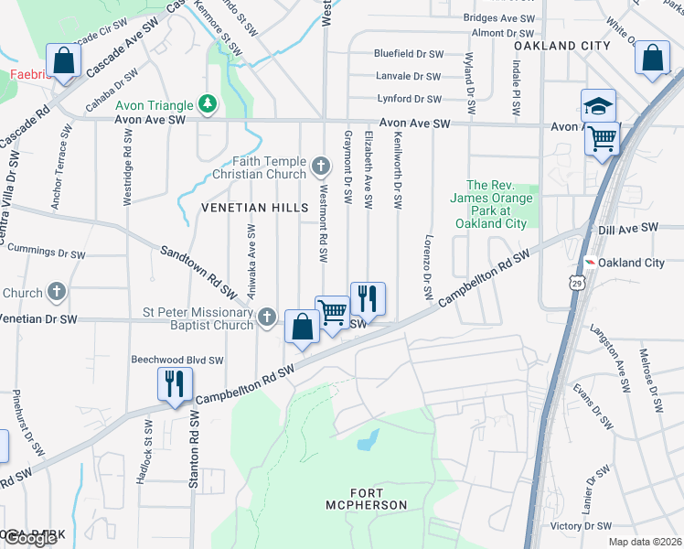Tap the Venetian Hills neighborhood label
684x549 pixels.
click(255, 208)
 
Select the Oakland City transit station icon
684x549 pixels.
click(591, 263)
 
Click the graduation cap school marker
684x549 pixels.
click(598, 105)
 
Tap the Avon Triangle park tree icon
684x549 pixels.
click(208, 104)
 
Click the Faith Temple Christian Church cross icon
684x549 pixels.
click(320, 166)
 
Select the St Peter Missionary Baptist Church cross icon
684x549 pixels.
click(267, 317)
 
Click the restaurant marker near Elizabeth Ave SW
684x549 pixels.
click(368, 297)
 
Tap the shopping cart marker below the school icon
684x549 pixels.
click(603, 139)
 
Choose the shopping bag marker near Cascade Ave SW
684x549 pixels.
click(64, 61)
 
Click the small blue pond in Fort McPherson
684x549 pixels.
click(369, 441)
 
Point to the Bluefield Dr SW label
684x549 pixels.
click(407, 54)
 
